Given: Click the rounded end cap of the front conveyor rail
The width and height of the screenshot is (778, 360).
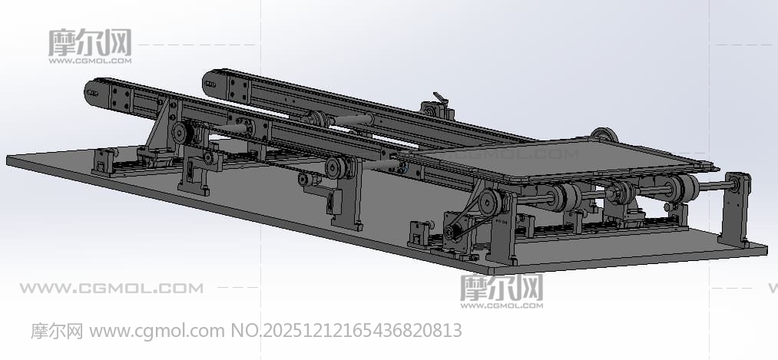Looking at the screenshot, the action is point(92,93).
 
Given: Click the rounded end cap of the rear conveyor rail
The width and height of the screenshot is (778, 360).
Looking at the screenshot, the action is point(210,83).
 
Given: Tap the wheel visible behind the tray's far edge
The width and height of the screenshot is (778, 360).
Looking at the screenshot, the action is point(604,134).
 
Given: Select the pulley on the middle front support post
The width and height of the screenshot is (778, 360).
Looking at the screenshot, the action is point(337,168).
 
